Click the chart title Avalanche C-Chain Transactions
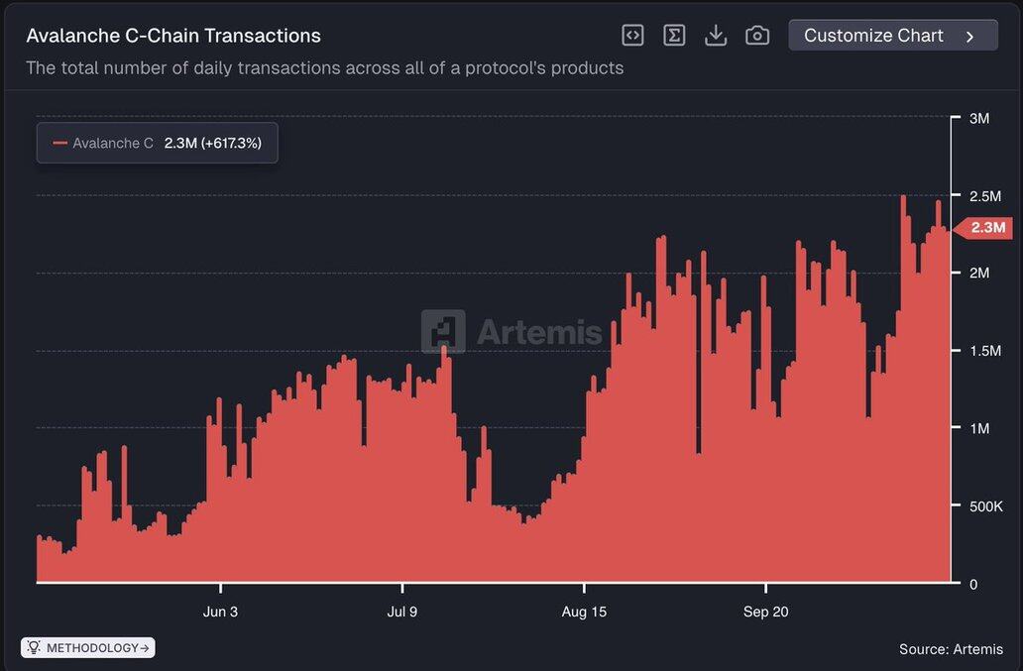point(173,36)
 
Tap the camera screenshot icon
point(756,36)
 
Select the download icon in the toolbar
point(715,36)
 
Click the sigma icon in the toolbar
point(674,36)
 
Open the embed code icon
point(632,36)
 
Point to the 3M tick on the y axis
point(978,119)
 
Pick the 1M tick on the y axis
point(978,429)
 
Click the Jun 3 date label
point(220,613)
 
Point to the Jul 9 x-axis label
point(401,613)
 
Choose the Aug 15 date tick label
point(584,613)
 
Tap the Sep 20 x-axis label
point(766,613)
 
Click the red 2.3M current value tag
point(985,228)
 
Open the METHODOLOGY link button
point(88,648)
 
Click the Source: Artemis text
point(951,650)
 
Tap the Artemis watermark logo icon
point(443,331)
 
